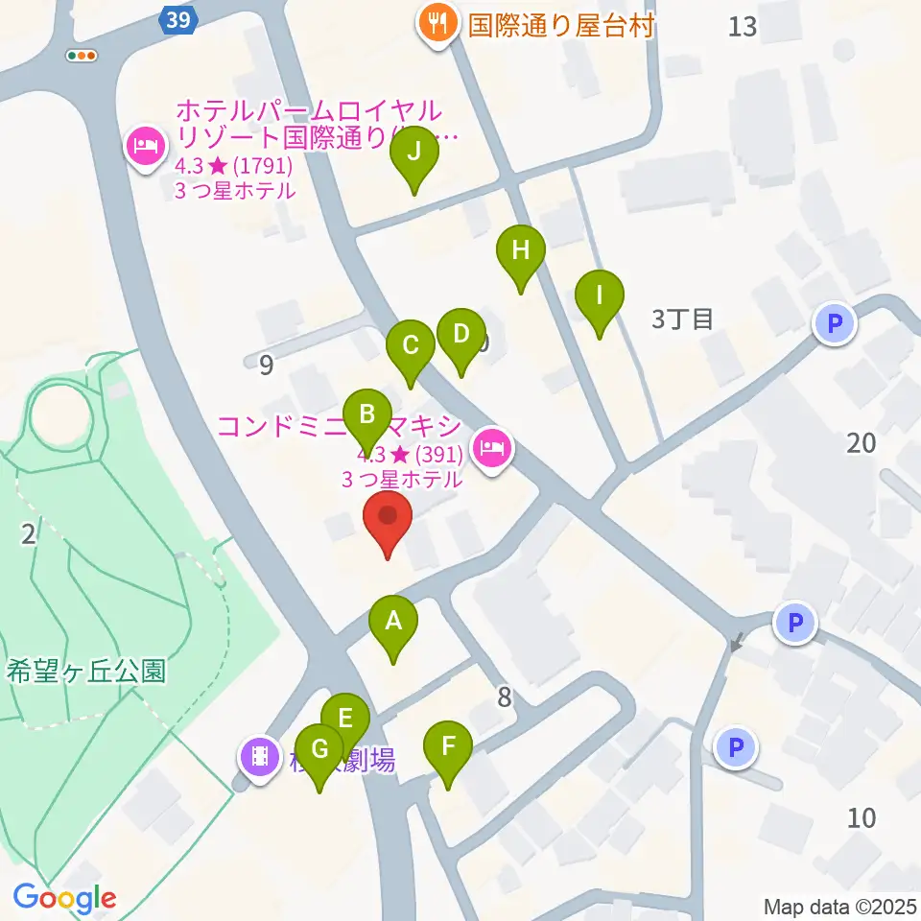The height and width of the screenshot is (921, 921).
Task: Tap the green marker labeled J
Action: pyautogui.click(x=414, y=153)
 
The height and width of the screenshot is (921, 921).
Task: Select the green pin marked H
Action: pyautogui.click(x=520, y=251)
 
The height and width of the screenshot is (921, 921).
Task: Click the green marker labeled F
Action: pyautogui.click(x=447, y=747)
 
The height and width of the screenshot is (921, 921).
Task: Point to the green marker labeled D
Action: pyautogui.click(x=460, y=335)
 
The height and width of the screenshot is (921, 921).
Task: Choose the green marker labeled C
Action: pyautogui.click(x=411, y=345)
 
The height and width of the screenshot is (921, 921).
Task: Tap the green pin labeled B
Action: pyautogui.click(x=366, y=416)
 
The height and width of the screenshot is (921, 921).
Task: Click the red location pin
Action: pyautogui.click(x=389, y=518)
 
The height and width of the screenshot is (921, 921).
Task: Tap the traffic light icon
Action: pyautogui.click(x=82, y=56)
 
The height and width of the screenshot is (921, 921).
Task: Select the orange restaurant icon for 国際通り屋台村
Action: pyautogui.click(x=437, y=22)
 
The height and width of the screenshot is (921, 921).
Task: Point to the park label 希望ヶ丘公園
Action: pyautogui.click(x=86, y=671)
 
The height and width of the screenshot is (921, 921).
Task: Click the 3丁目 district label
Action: pyautogui.click(x=682, y=319)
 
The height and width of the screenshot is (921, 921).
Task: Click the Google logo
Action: pyautogui.click(x=65, y=898)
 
